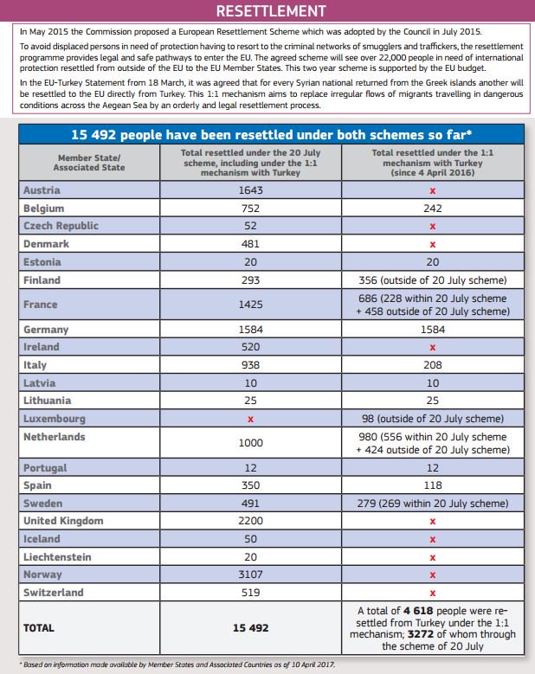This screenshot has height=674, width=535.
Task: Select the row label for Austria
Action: (41, 190)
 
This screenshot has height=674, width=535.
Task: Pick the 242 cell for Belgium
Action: (433, 209)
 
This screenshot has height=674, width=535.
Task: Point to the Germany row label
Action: (45, 330)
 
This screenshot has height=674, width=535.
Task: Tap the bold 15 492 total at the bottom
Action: (252, 628)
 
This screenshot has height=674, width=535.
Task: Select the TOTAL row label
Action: (41, 628)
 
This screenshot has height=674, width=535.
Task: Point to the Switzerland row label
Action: (54, 593)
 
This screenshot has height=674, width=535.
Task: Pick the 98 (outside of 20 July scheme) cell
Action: (433, 419)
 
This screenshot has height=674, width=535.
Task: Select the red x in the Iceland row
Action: (433, 539)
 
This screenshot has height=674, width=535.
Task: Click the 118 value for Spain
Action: (433, 486)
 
